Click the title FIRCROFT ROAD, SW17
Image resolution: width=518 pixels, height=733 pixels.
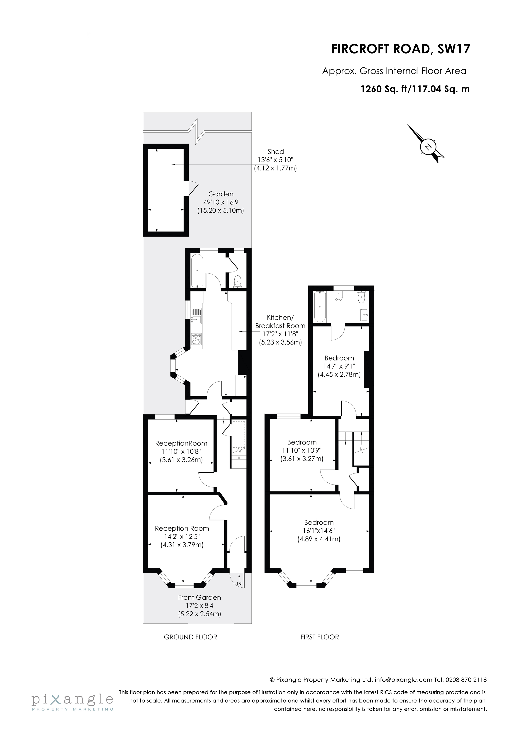click(401, 49)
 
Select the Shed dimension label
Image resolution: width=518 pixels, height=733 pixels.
click(276, 160)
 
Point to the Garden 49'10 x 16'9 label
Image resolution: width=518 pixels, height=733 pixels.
click(221, 202)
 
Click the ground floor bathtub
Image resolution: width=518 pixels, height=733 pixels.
click(197, 271)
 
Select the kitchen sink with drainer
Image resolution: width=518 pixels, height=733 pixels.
click(197, 316)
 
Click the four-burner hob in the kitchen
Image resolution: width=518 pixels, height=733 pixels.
click(196, 339)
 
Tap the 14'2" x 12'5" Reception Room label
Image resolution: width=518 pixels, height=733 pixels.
click(182, 537)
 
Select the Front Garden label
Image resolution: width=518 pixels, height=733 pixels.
click(199, 605)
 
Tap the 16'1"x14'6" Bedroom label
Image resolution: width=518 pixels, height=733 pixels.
click(319, 531)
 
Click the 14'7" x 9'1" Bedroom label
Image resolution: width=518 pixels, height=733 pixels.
click(339, 366)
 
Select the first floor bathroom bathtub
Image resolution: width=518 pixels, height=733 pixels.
click(320, 307)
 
